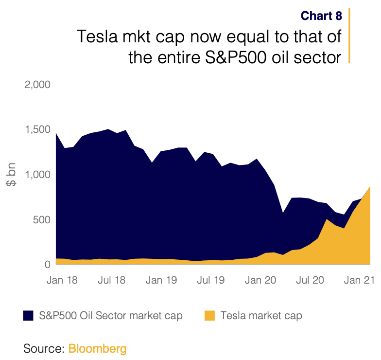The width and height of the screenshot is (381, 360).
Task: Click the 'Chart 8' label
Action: [x=321, y=16]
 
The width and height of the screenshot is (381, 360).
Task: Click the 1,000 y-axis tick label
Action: [x=37, y=175]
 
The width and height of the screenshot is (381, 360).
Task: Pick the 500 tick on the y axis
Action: [x=41, y=219]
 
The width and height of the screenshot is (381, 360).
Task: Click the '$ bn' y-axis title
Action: [x=11, y=175]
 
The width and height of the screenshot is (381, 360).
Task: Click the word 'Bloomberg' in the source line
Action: [x=97, y=348]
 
